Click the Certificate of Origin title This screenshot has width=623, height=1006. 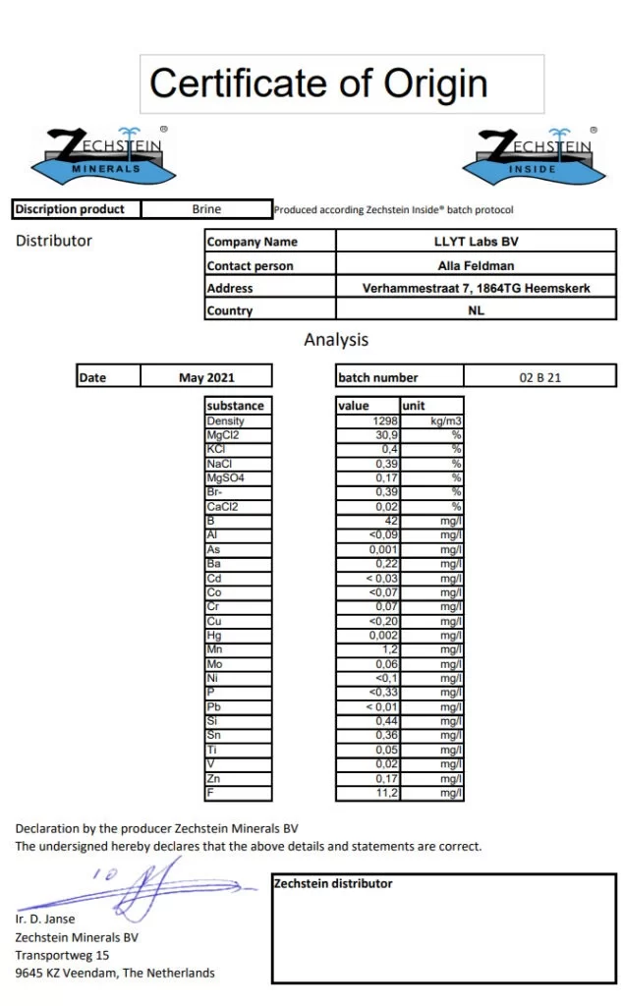coord(318,84)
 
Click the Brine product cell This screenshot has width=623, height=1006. coord(206,209)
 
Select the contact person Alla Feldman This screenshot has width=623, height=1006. coord(475,265)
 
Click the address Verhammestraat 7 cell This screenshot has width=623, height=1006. coord(475,288)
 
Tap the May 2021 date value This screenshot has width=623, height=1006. coord(206,377)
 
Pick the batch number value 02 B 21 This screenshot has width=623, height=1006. coord(539,377)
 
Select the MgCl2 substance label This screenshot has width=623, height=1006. coord(223,434)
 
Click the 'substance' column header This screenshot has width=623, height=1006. coord(236,405)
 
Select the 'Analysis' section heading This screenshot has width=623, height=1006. coord(336,340)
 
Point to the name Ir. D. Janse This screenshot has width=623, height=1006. coord(45,920)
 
